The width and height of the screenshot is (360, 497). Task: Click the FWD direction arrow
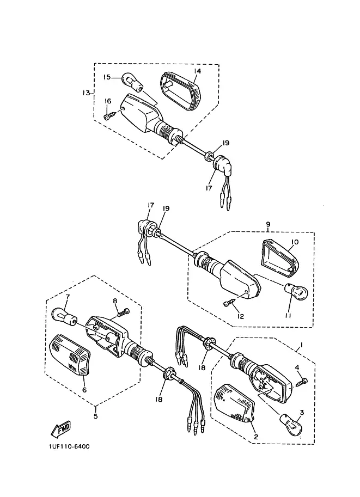click(x=60, y=429)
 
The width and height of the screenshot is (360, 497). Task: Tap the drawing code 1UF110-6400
click(x=70, y=446)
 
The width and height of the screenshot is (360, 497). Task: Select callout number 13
click(x=86, y=93)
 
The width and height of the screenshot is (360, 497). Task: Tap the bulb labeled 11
click(x=295, y=292)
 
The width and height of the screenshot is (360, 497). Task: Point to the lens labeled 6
click(x=71, y=355)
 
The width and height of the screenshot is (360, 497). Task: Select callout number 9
click(x=268, y=224)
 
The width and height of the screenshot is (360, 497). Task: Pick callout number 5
click(x=96, y=416)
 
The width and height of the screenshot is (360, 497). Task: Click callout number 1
click(x=301, y=345)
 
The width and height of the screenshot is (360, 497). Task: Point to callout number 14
click(x=197, y=71)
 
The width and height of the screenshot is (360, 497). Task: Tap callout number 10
click(x=295, y=242)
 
